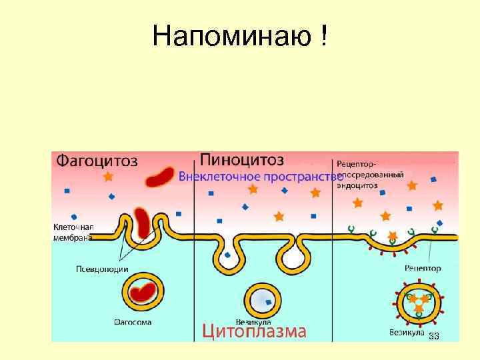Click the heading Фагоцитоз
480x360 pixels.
[97, 161]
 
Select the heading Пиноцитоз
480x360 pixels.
[242, 160]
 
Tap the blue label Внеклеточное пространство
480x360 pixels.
[260, 177]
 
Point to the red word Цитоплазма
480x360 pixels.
[254, 331]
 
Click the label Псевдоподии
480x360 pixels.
[102, 270]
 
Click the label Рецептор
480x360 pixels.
[423, 268]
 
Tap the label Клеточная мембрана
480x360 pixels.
[73, 231]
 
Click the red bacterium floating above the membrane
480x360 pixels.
[160, 177]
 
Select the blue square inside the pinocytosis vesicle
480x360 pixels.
[269, 302]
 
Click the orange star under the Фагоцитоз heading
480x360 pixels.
[108, 177]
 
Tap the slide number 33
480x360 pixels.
[434, 335]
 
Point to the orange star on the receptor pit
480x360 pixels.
[393, 235]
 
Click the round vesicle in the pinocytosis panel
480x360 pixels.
[264, 301]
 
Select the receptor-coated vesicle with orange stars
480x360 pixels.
[418, 301]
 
